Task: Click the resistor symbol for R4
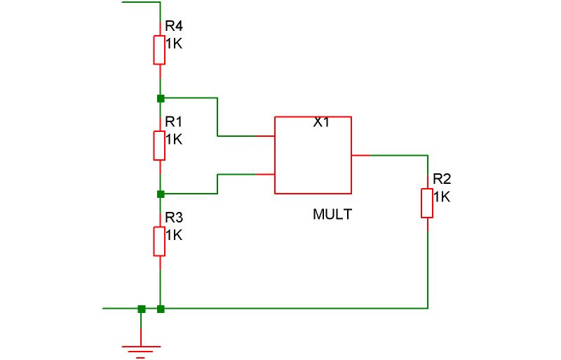click(161, 50)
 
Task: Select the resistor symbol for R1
click(161, 145)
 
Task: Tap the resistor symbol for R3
click(161, 241)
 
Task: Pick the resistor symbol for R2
click(427, 202)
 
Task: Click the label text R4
click(173, 27)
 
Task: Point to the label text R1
click(173, 122)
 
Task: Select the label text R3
click(173, 218)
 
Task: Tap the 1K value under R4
click(173, 43)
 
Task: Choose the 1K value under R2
click(442, 196)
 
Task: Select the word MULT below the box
click(332, 215)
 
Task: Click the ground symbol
click(141, 348)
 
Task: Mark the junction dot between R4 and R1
click(161, 98)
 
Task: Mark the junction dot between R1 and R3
click(161, 194)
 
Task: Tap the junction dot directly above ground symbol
click(141, 308)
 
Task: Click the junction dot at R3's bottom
click(161, 308)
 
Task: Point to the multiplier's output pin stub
click(360, 154)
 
